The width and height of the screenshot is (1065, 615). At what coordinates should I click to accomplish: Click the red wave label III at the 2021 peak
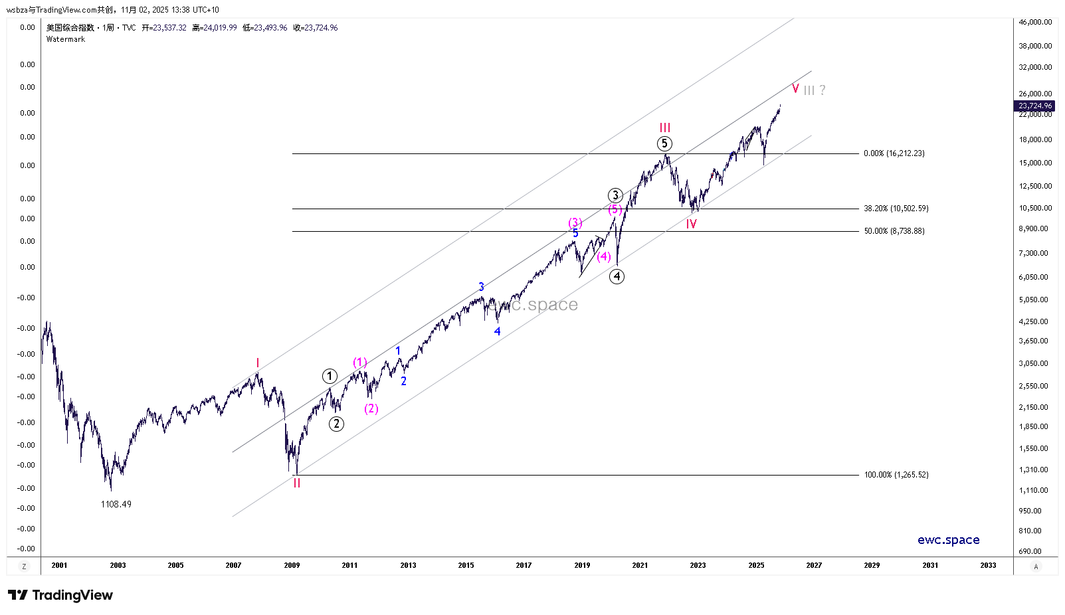664,128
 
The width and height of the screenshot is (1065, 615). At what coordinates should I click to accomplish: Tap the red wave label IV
691,224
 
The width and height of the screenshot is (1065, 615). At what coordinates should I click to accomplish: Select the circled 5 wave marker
664,143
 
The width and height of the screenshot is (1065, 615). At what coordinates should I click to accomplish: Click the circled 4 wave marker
617,276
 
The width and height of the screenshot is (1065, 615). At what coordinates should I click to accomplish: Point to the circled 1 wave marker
330,377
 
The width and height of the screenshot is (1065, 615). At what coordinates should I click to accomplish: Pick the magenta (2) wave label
371,408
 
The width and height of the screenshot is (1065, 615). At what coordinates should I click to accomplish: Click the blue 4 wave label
497,331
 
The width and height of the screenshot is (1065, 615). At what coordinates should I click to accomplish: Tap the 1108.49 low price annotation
116,505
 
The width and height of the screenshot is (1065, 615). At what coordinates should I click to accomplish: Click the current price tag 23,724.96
1035,106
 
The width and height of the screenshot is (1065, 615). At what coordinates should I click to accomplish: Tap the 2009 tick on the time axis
292,565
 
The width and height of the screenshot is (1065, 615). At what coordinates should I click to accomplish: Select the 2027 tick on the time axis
814,565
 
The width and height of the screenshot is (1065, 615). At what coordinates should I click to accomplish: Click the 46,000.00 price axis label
1035,22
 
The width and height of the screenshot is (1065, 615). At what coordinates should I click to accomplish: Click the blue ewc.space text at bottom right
948,540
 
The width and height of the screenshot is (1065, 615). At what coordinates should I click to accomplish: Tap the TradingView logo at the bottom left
60,595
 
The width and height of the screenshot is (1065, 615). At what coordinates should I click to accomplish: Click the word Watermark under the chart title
66,39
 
